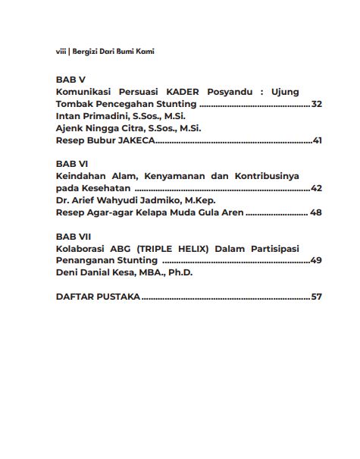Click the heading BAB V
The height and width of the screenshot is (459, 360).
[x=70, y=79]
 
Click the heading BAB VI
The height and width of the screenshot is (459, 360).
[x=72, y=163]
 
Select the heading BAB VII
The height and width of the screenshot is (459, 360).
[x=74, y=235]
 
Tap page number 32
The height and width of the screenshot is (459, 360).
[x=317, y=104]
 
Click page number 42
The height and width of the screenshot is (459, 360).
[x=317, y=188]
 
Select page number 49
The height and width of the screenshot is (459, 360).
[x=317, y=260]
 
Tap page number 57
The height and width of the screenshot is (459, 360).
[x=317, y=297]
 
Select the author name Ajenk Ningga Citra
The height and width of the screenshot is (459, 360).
[x=103, y=128]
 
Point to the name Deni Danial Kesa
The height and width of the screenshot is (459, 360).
[x=99, y=272]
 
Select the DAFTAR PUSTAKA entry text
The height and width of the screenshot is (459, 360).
[x=98, y=297]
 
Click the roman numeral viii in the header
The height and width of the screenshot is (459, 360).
[x=61, y=51]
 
